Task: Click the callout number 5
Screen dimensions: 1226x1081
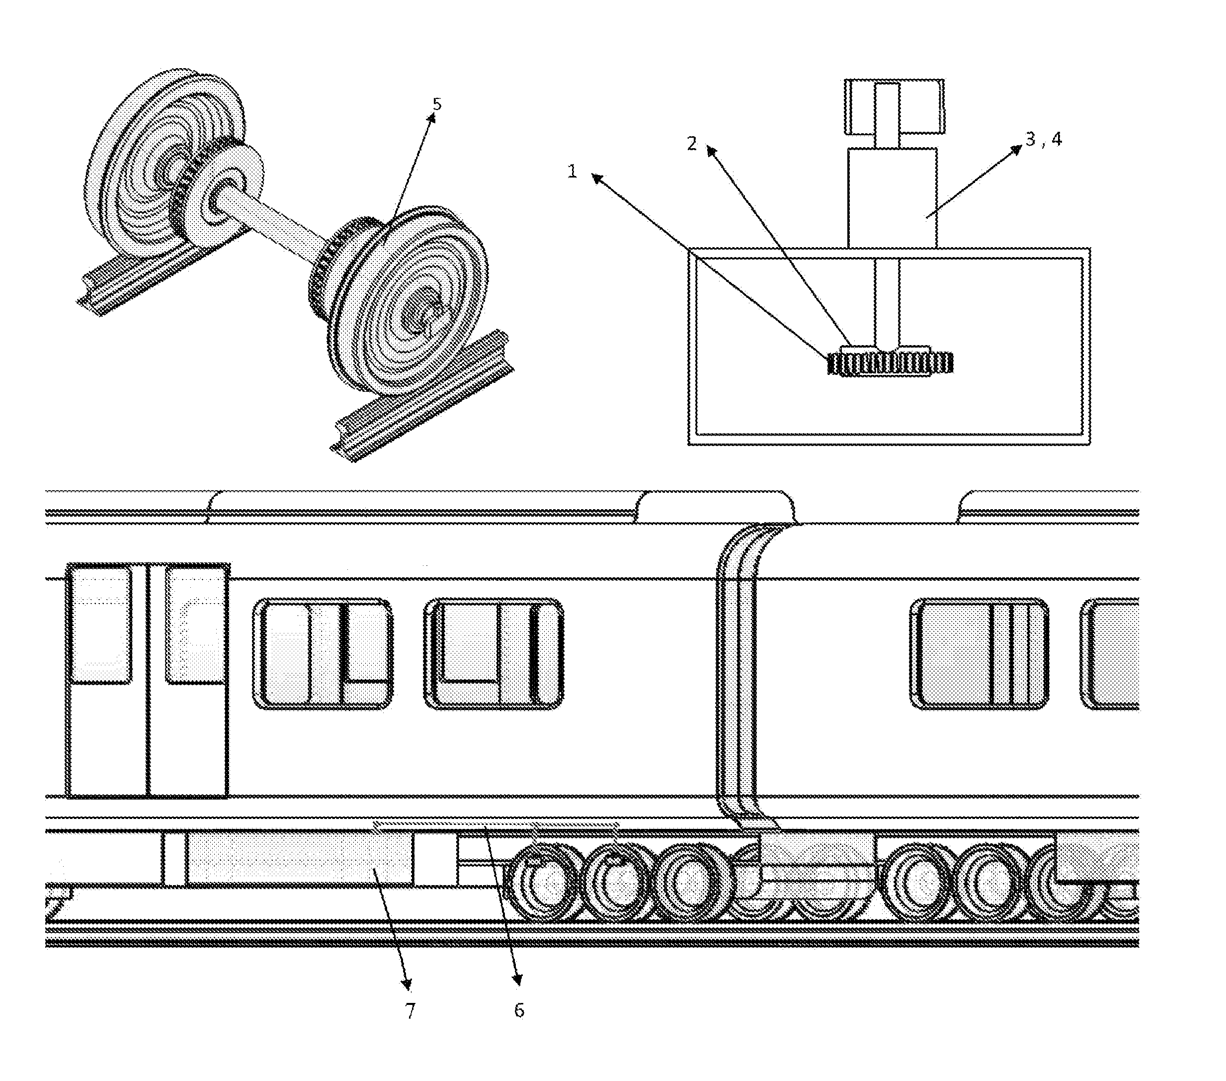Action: pyautogui.click(x=437, y=104)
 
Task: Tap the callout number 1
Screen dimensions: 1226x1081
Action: pyautogui.click(x=572, y=172)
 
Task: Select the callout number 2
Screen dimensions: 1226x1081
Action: pyautogui.click(x=692, y=143)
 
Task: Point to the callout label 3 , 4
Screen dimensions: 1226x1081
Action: pyautogui.click(x=1044, y=139)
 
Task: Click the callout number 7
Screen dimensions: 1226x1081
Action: pyautogui.click(x=409, y=1011)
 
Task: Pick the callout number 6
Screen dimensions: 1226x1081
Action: pyautogui.click(x=519, y=1010)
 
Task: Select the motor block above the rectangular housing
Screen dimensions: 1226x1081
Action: pyautogui.click(x=892, y=197)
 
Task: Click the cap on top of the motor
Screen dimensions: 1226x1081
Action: pyautogui.click(x=894, y=106)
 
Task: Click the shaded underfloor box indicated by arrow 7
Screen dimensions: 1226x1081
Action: pyautogui.click(x=298, y=858)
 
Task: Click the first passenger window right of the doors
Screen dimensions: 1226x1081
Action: pyautogui.click(x=324, y=654)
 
